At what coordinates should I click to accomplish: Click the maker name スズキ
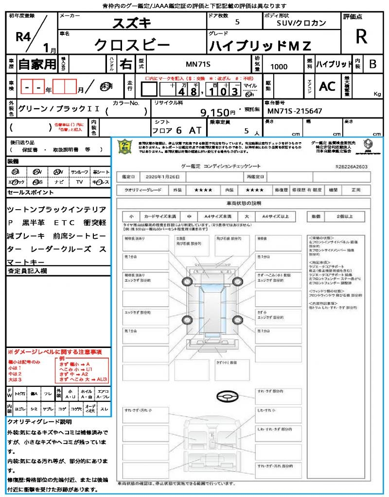132,22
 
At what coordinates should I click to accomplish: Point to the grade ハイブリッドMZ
260,46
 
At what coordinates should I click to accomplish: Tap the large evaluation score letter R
361,36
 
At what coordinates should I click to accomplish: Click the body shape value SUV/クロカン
301,23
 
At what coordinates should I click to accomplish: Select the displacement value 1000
279,66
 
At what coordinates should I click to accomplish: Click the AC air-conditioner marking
327,86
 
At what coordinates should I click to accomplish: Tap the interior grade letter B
372,64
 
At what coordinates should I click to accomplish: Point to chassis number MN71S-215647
295,111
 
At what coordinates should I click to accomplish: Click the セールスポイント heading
31,193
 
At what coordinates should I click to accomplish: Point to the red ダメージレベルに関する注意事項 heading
54,351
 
